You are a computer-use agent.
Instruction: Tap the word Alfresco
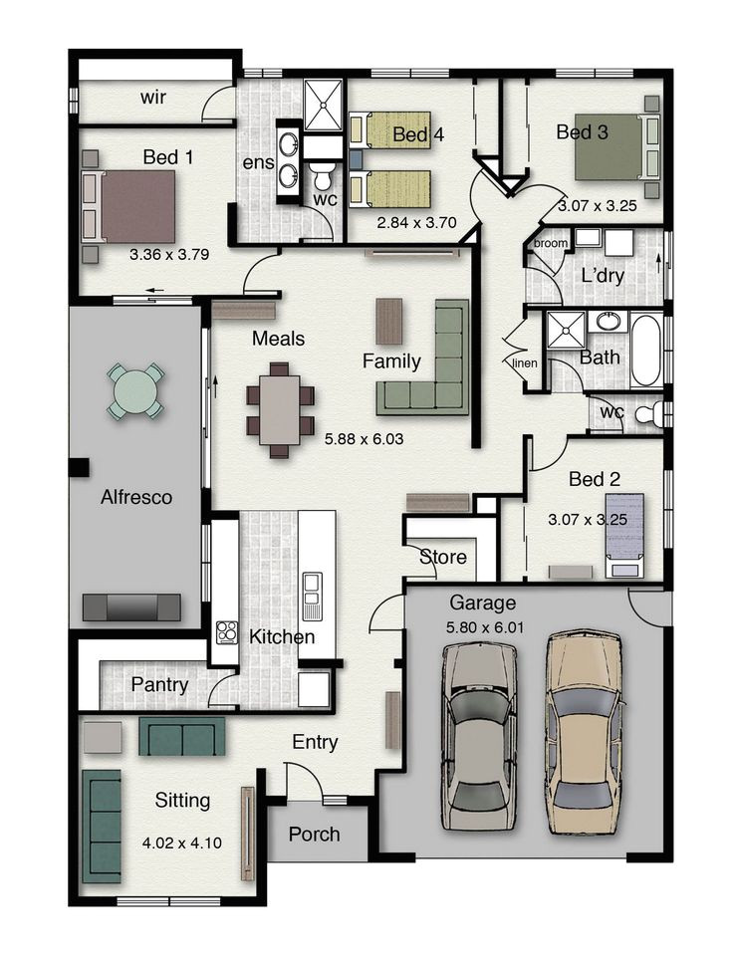click(135, 496)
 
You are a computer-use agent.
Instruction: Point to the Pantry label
click(159, 684)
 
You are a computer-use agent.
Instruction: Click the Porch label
click(314, 834)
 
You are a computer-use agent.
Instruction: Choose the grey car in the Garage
click(481, 737)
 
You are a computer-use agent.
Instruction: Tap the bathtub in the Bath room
click(646, 352)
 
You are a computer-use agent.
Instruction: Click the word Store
click(443, 557)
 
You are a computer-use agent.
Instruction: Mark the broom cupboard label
click(550, 242)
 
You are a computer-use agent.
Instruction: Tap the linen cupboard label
click(525, 362)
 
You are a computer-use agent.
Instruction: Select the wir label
click(153, 97)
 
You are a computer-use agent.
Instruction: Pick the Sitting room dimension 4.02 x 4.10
click(182, 843)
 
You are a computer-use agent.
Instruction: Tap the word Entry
click(315, 742)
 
